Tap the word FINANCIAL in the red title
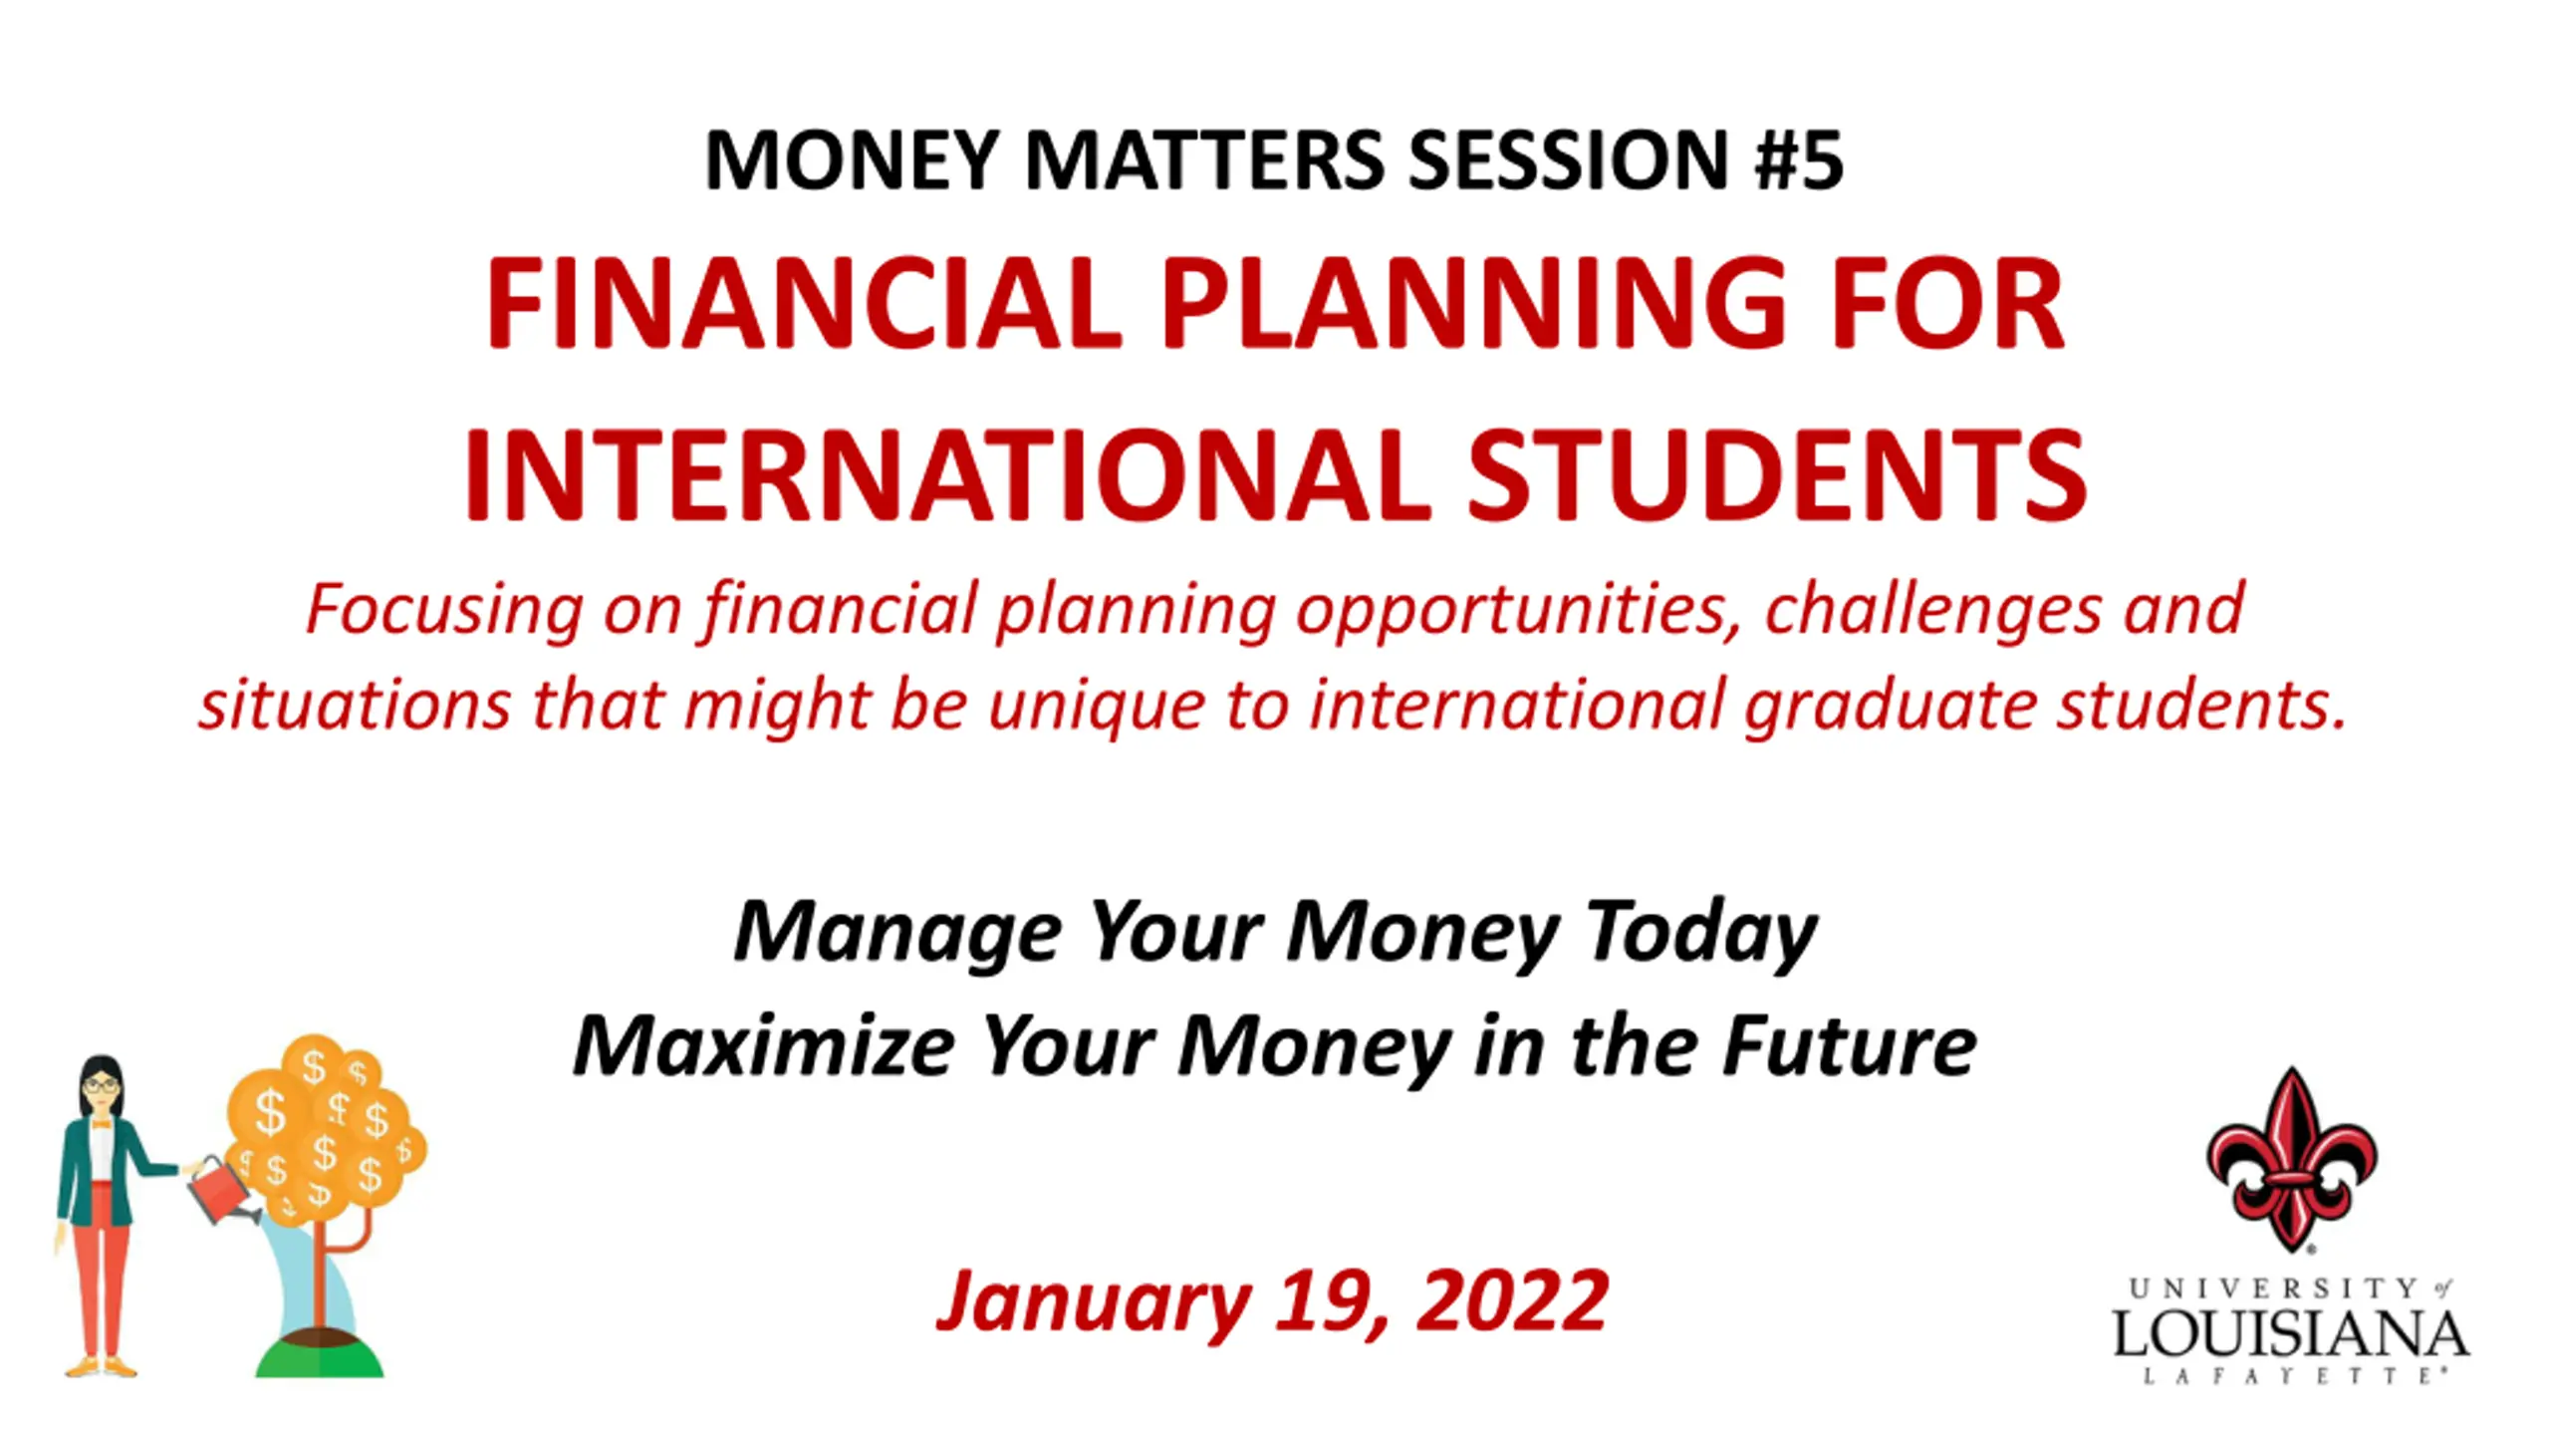coord(803,303)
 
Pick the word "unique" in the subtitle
coord(1096,706)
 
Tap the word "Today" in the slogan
coord(1701,933)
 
